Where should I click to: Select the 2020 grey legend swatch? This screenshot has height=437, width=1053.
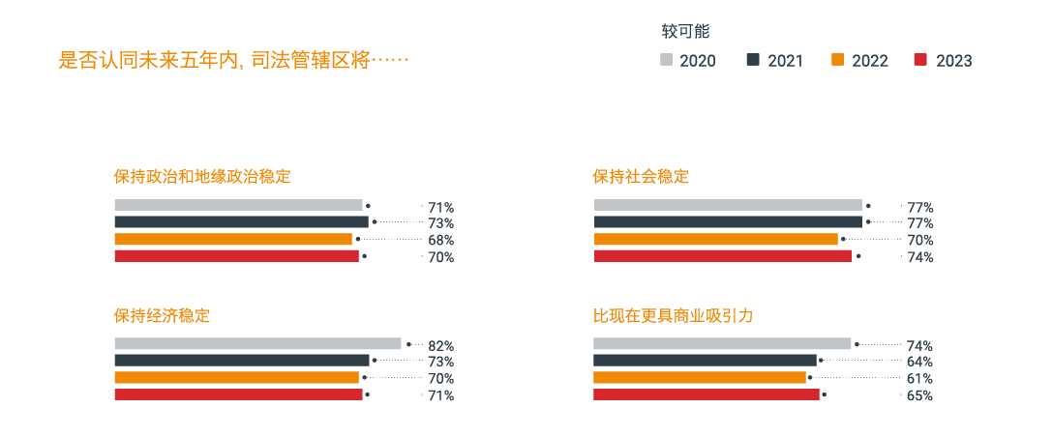click(666, 60)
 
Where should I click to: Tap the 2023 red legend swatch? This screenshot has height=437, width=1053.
click(920, 60)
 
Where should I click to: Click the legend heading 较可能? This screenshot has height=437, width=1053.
click(685, 31)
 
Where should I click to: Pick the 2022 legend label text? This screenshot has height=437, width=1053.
click(869, 61)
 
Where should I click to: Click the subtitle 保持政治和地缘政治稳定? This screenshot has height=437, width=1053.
click(201, 177)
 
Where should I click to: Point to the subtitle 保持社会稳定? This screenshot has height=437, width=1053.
click(641, 177)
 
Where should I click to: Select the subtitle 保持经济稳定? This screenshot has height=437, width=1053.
click(162, 315)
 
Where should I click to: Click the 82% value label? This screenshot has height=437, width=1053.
click(440, 345)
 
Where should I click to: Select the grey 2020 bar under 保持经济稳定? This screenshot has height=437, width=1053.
click(257, 343)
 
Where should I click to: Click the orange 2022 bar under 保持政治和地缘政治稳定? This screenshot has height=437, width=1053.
click(233, 239)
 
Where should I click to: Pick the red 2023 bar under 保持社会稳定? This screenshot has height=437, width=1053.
click(722, 256)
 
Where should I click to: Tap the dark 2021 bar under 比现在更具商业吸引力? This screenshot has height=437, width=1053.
click(705, 360)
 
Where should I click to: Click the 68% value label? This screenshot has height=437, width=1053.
click(440, 240)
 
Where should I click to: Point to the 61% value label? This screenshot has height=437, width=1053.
click(919, 378)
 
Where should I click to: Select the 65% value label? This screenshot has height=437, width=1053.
click(919, 395)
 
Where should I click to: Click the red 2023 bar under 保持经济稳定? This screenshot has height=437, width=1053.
click(238, 394)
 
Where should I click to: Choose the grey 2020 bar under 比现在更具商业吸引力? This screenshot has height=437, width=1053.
click(721, 343)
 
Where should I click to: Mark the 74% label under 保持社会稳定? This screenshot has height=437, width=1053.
click(919, 257)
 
